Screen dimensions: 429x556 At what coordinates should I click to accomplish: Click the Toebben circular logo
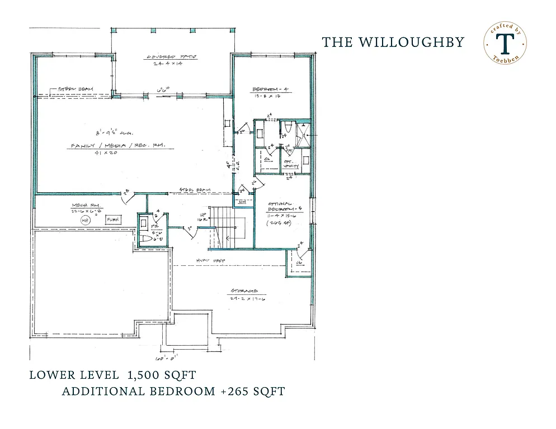[505, 44]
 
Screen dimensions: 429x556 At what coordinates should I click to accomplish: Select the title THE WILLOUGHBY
[393, 42]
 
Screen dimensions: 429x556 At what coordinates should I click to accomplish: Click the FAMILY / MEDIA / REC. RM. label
[121, 146]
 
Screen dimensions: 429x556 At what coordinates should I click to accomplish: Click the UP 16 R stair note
[205, 217]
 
